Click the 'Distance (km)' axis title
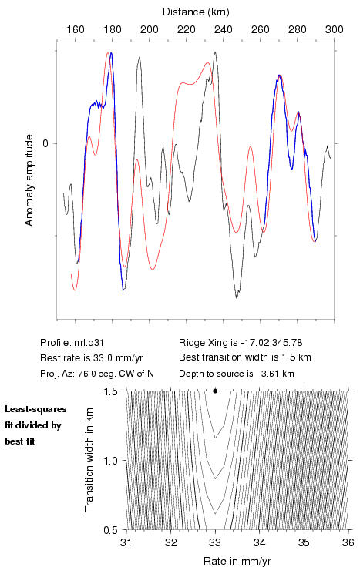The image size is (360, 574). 196,12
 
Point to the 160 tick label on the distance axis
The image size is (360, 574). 76,29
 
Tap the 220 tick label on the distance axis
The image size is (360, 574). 187,29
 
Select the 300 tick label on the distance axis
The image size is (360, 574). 334,29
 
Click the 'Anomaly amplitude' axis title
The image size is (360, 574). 29,180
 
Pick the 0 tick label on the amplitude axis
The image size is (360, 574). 45,143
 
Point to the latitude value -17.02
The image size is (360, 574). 254,343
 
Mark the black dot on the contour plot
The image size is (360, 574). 215,391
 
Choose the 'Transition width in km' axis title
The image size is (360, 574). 89,460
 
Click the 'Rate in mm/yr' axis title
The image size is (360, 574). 237,561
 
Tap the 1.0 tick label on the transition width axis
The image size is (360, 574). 110,461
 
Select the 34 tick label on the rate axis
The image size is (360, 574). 260,542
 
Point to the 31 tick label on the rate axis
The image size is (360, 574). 126,542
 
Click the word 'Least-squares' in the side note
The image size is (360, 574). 35,409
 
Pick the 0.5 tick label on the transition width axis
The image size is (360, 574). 110,530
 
